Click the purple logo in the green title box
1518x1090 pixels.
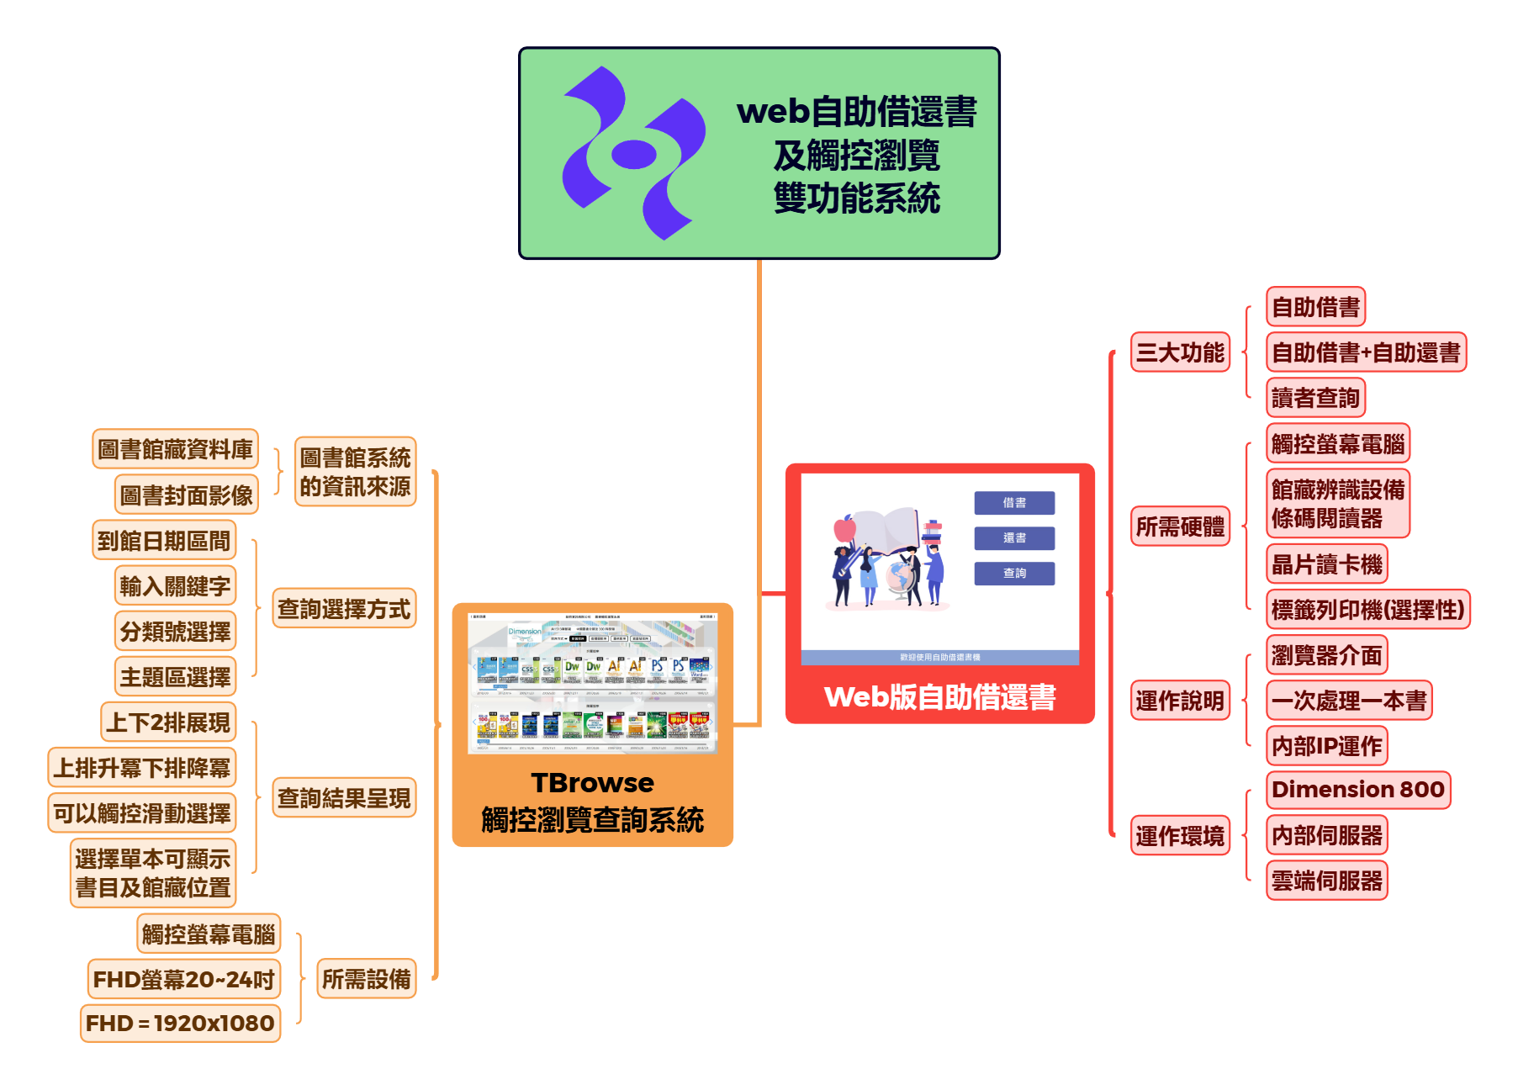tap(633, 153)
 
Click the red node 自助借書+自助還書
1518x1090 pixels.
tap(1366, 352)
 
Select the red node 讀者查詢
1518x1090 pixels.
tap(1315, 398)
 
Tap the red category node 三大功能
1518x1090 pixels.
tap(1180, 352)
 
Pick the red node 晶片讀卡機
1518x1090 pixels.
tap(1326, 564)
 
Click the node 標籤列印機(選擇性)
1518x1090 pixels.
tap(1367, 610)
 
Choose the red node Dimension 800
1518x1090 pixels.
tap(1357, 790)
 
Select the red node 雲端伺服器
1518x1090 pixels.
tap(1326, 881)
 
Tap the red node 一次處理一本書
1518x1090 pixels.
tap(1349, 701)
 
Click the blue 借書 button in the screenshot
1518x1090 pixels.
tap(1014, 503)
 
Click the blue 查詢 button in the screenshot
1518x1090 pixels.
tap(1014, 574)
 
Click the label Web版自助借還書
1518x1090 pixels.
tap(939, 697)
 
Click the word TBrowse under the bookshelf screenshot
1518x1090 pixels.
tap(592, 783)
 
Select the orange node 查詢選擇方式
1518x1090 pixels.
tap(344, 609)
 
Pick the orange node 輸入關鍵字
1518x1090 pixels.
tap(175, 586)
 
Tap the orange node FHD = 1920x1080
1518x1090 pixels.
tap(180, 1024)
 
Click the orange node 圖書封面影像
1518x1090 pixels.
tap(186, 495)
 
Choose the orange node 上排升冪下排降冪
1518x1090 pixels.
tap(141, 768)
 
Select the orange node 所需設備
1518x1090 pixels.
tap(366, 979)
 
